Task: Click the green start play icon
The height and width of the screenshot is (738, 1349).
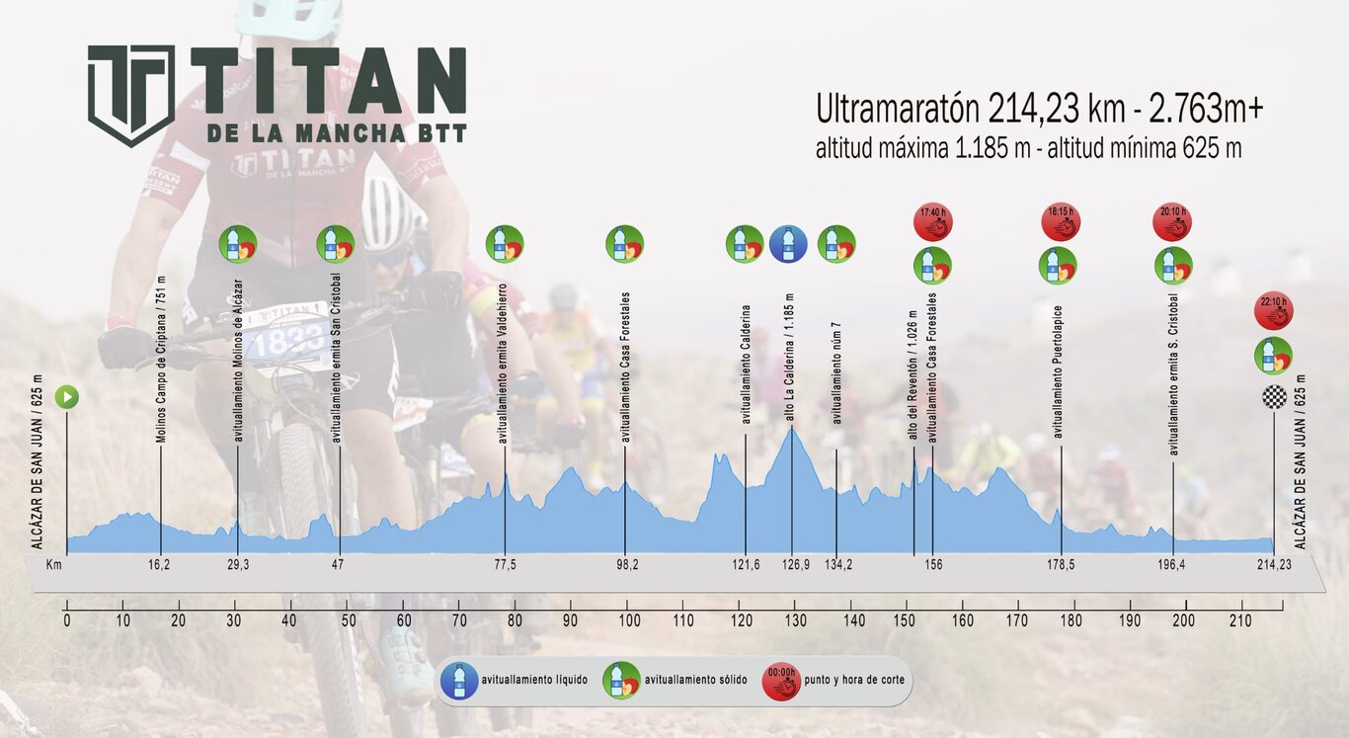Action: coord(67,398)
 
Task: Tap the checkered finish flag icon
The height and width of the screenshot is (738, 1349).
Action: coord(1274,397)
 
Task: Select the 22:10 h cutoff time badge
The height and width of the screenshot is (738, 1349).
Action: coord(1273,310)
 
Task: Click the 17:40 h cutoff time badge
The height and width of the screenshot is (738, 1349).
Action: coord(932,222)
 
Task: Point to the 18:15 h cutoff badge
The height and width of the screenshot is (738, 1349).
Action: coord(1061,222)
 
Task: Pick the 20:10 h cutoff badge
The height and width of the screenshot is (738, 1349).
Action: coord(1172,222)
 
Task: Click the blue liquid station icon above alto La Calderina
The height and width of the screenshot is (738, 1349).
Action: coord(788,244)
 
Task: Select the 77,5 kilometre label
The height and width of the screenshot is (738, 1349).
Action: coord(505,565)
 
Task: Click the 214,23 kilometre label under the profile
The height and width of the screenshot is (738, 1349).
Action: coord(1273,565)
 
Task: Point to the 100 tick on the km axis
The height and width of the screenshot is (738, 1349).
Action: coord(626,620)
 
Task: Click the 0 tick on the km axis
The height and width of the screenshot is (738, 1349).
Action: coord(67,620)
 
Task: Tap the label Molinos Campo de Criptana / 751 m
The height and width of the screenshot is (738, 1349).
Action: coord(160,358)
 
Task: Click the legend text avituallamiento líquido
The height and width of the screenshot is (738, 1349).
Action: coord(534,681)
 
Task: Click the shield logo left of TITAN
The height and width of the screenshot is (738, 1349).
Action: coord(131,94)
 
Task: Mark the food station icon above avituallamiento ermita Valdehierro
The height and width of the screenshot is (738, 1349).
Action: coord(504,244)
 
